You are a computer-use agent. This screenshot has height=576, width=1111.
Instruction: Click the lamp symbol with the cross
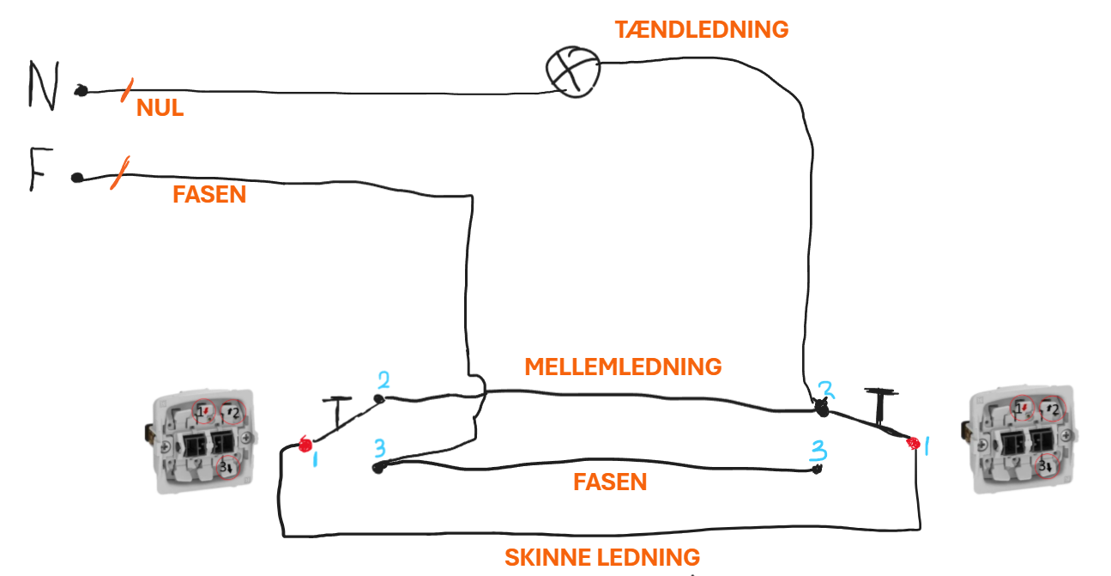(573, 72)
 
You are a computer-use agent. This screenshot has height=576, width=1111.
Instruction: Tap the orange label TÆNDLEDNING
(701, 30)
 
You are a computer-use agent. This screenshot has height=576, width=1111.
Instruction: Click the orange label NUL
(160, 107)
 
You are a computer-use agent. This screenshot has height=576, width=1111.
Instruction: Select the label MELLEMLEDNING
(623, 367)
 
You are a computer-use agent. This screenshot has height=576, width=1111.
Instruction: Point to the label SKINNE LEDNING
(602, 557)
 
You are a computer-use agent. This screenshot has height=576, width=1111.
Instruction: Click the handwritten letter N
(44, 85)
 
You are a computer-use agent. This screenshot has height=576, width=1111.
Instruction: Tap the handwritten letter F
(40, 169)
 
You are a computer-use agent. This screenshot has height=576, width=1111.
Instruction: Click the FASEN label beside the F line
(209, 195)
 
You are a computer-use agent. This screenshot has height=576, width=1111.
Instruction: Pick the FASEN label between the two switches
(610, 482)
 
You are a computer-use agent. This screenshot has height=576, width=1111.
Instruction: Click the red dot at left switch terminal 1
(305, 445)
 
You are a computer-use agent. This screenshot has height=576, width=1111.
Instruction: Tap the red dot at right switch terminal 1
(913, 443)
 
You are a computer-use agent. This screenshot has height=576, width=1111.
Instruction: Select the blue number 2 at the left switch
(383, 380)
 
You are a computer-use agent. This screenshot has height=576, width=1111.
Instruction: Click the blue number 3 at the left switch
(380, 448)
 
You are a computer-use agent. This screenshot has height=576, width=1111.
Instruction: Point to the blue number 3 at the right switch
(818, 451)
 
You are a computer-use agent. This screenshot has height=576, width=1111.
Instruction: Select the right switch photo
(1019, 439)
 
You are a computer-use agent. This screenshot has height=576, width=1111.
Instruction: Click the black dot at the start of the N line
(82, 91)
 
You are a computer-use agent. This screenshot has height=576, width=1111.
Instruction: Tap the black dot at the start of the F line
(77, 178)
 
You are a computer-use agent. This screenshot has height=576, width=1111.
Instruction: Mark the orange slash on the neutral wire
(127, 90)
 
